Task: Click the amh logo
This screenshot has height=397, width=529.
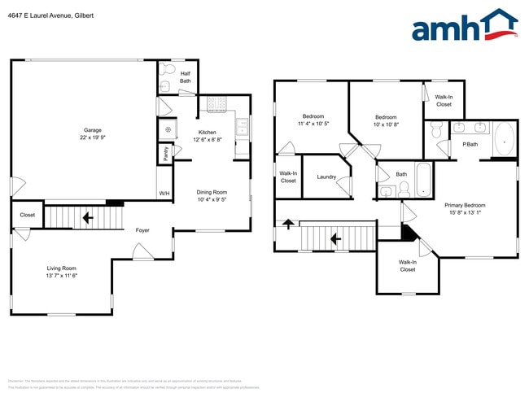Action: [x=464, y=26]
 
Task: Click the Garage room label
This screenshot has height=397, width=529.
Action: [x=92, y=134]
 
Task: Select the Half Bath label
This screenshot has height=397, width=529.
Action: [x=186, y=77]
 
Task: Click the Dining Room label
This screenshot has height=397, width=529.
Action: [x=211, y=195]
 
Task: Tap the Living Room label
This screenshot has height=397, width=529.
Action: [x=61, y=272]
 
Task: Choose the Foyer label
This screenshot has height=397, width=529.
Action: [x=142, y=231]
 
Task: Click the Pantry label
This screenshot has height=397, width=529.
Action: [x=166, y=152]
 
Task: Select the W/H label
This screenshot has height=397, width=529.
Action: [x=164, y=194]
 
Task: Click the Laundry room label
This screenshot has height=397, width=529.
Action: [x=326, y=177]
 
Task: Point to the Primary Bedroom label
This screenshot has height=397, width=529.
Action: [x=465, y=209]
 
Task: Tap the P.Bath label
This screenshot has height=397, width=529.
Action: [x=470, y=145]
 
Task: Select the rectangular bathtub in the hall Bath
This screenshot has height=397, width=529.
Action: [x=425, y=180]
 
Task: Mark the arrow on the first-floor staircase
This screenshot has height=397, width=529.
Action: [x=87, y=218]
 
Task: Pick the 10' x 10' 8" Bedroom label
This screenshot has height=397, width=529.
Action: [x=385, y=120]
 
